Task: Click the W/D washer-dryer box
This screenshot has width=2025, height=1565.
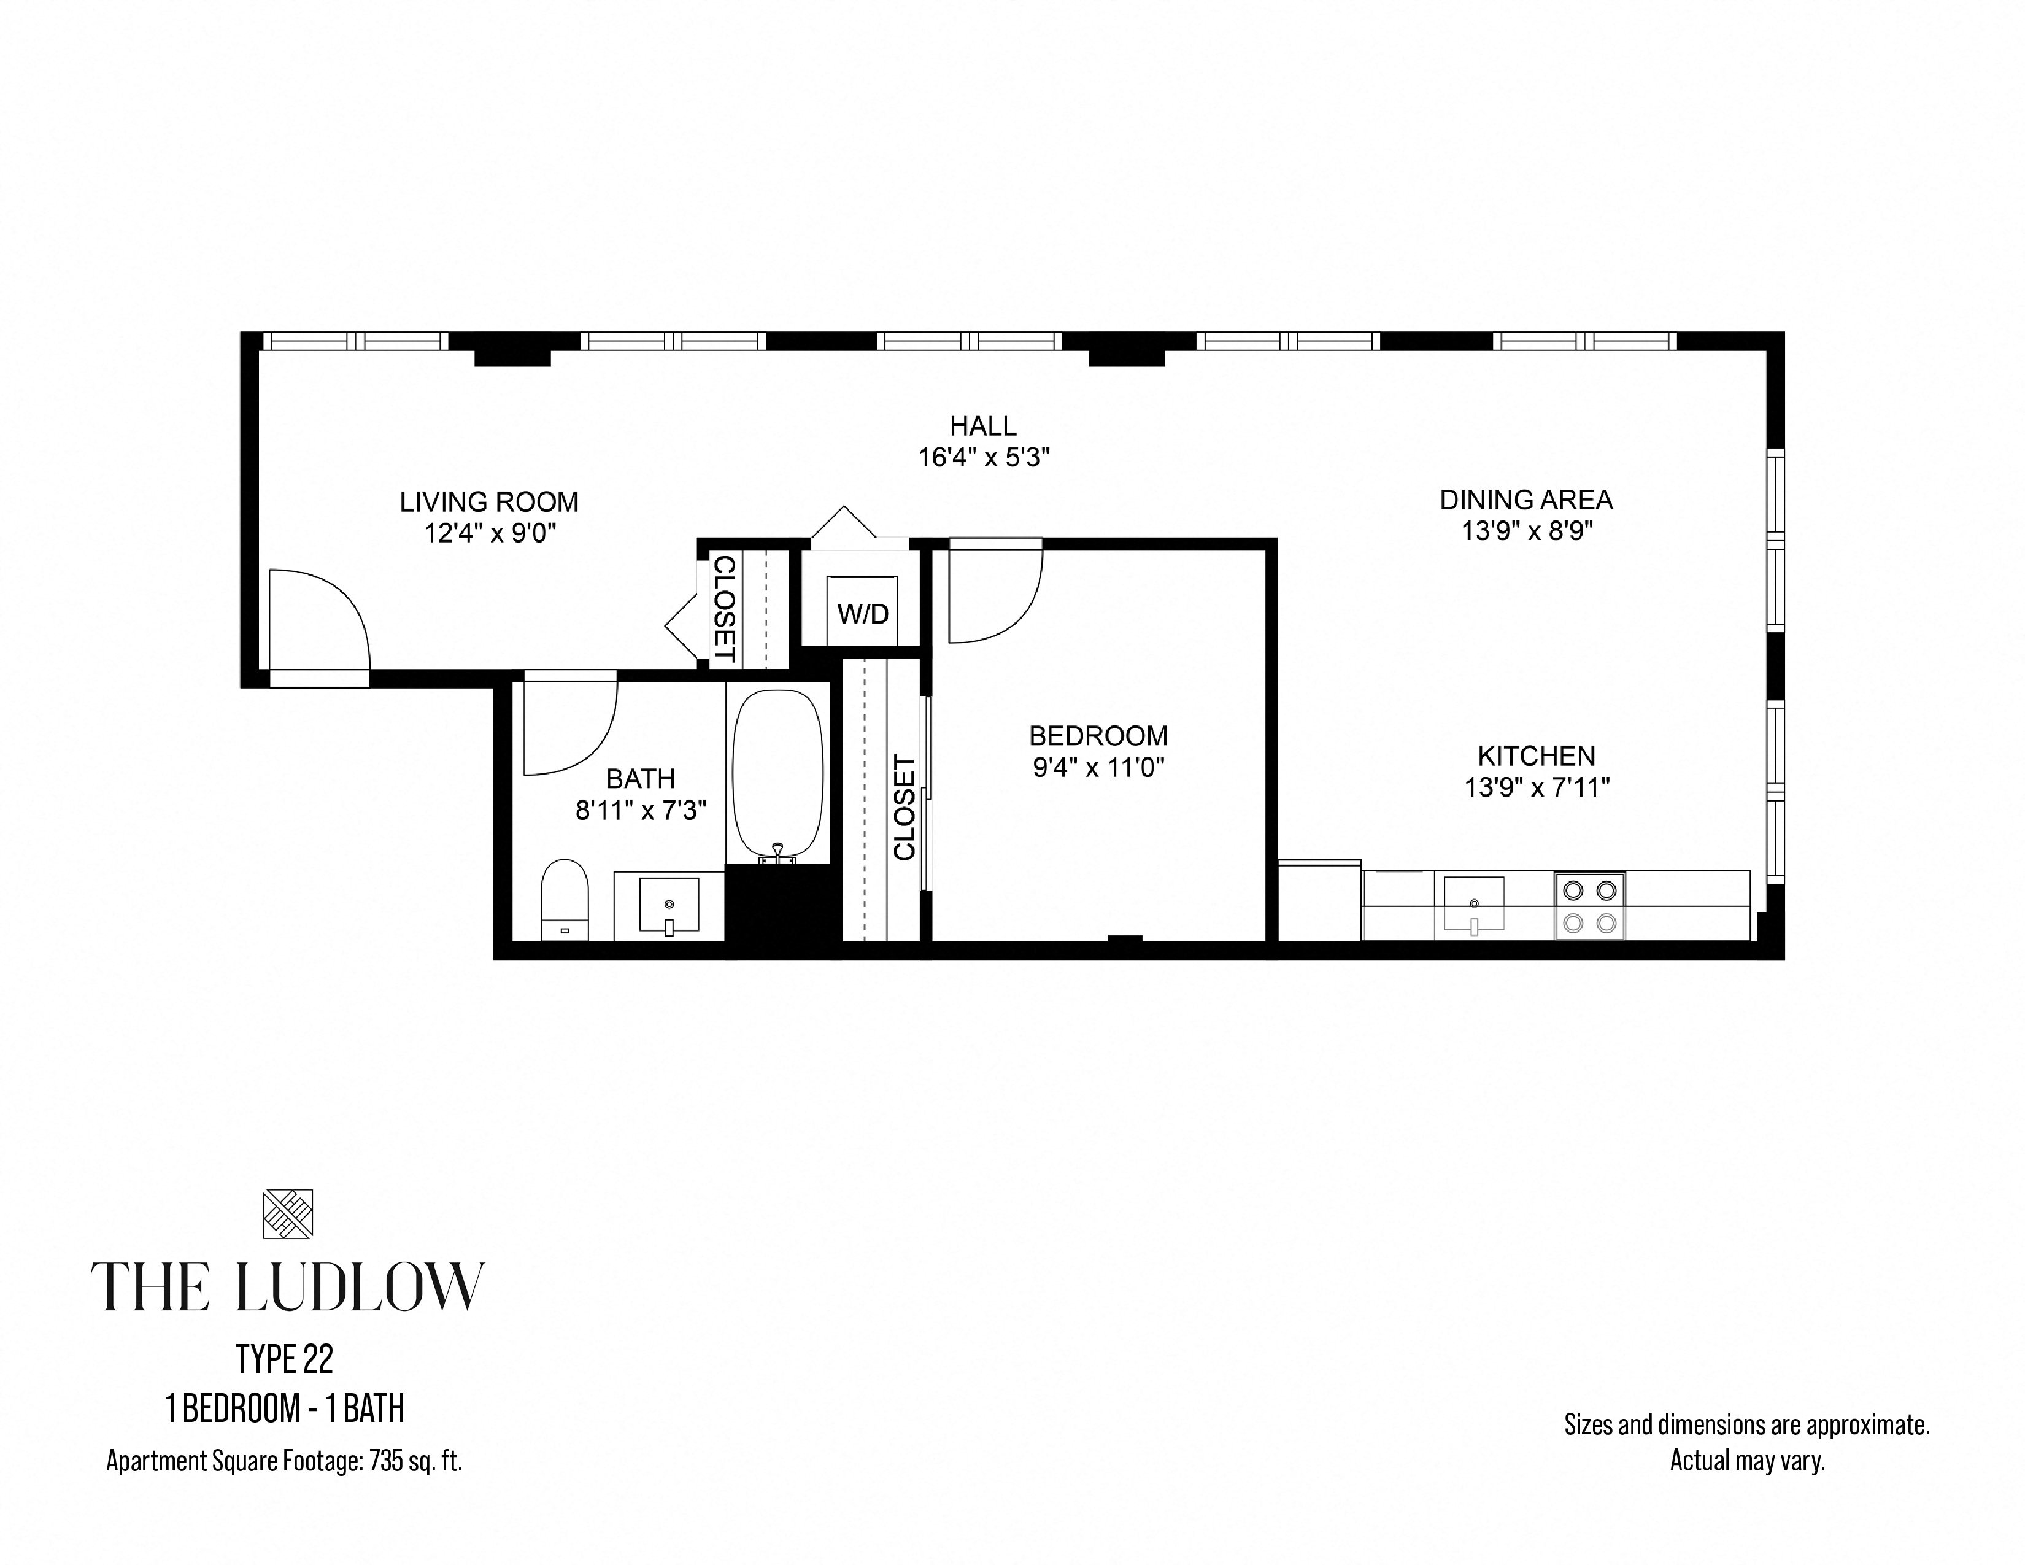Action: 862,611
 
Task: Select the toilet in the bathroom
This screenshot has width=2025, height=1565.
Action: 565,899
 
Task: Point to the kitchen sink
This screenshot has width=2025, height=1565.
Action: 1473,904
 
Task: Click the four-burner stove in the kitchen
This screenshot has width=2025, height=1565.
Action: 1589,906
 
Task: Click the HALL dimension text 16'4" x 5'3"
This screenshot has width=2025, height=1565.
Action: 983,457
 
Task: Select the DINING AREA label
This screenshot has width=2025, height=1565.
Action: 1526,500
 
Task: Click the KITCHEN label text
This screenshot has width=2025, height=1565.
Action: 1537,755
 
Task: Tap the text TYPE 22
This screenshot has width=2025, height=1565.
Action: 285,1359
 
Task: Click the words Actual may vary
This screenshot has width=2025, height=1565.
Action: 1747,1461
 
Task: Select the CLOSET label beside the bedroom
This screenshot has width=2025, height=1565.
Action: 904,806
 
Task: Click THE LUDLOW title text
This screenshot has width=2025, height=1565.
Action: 287,1287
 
